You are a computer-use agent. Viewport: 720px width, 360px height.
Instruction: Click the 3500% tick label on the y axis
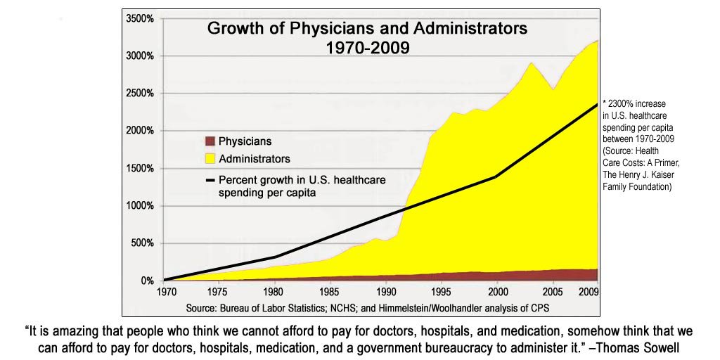point(140,19)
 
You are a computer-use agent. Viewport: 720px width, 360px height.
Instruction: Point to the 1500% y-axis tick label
point(140,169)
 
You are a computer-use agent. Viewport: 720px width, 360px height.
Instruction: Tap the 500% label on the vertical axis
point(143,243)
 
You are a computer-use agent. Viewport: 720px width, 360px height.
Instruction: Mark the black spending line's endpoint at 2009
point(597,104)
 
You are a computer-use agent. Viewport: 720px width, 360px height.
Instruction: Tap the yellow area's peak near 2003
point(532,63)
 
